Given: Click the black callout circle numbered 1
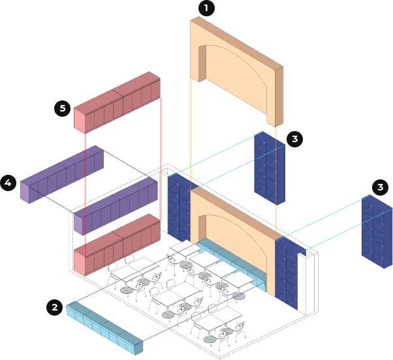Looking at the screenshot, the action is pyautogui.click(x=206, y=8).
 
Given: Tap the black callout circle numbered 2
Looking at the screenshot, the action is pyautogui.click(x=54, y=307).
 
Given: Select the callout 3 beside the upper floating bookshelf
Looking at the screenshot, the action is pyautogui.click(x=294, y=139).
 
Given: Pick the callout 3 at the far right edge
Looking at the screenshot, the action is pyautogui.click(x=380, y=187).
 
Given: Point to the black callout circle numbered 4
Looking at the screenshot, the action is pyautogui.click(x=8, y=183).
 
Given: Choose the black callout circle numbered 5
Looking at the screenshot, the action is pyautogui.click(x=63, y=108).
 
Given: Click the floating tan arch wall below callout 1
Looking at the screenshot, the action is pyautogui.click(x=236, y=71).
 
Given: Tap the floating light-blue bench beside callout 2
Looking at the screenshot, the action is pyautogui.click(x=104, y=328).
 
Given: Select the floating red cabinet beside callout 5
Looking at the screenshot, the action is pyautogui.click(x=117, y=102).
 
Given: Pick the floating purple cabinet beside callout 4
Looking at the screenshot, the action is pyautogui.click(x=62, y=174).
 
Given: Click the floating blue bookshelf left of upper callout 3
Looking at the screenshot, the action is pyautogui.click(x=270, y=168).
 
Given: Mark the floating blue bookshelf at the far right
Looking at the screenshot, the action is pyautogui.click(x=377, y=232).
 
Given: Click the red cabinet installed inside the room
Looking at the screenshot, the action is pyautogui.click(x=117, y=245).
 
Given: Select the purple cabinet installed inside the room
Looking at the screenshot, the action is pyautogui.click(x=116, y=206).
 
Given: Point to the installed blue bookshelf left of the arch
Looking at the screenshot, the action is pyautogui.click(x=179, y=209).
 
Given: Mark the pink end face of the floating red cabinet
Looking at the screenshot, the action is pyautogui.click(x=80, y=121).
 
